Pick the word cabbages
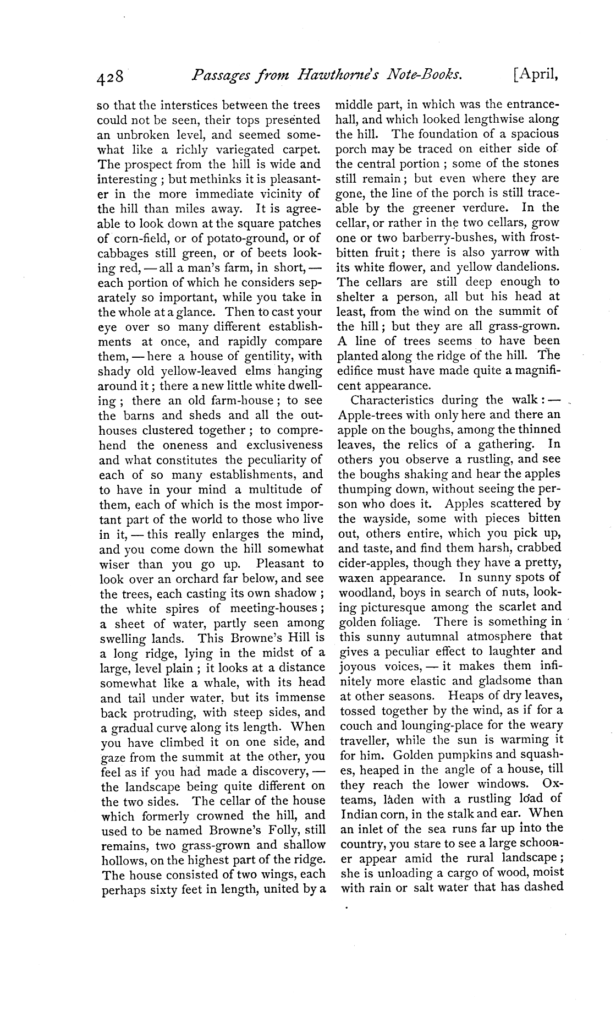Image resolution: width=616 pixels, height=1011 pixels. pos(120,253)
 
